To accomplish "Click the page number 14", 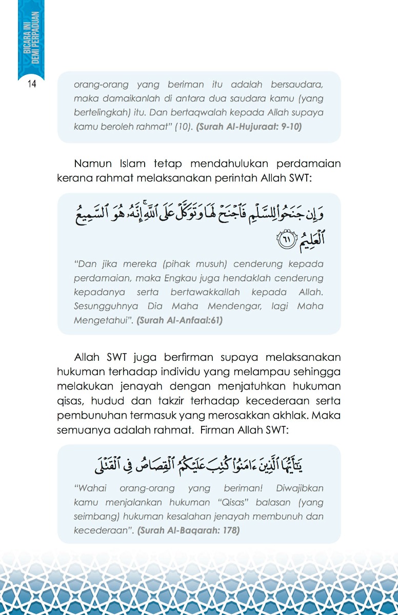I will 31,84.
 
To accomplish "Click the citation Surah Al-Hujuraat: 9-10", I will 249,126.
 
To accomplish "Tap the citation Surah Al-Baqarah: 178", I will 188,530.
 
